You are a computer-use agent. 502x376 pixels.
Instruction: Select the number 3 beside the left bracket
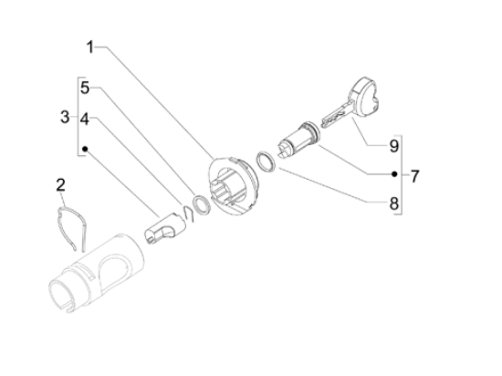tap(64, 117)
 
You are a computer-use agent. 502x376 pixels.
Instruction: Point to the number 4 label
tap(84, 119)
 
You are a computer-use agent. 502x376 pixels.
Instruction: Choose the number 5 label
tap(84, 89)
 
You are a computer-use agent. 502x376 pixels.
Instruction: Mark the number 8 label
tap(394, 204)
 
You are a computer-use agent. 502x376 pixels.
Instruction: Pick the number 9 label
tap(394, 145)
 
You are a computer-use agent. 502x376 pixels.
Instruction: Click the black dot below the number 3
tap(84, 147)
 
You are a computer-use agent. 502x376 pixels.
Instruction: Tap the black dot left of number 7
tap(394, 174)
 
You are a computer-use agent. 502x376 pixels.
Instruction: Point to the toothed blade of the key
tap(334, 112)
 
